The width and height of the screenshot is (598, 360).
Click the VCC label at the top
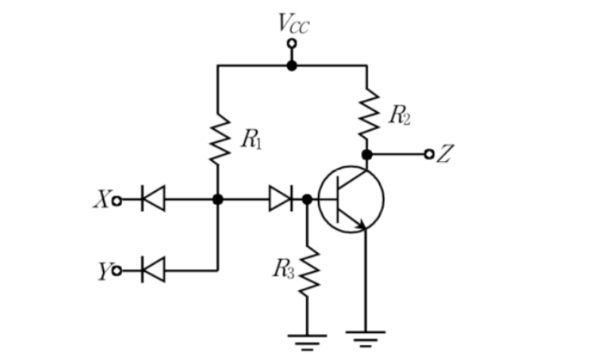pyautogui.click(x=293, y=24)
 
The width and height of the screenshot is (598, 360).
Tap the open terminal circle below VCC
pyautogui.click(x=292, y=44)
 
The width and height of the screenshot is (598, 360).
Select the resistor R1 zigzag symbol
pyautogui.click(x=219, y=140)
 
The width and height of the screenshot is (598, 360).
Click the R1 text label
pyautogui.click(x=251, y=140)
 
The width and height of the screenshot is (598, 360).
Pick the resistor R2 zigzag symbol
pyautogui.click(x=368, y=113)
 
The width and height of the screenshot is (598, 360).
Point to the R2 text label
pyautogui.click(x=399, y=115)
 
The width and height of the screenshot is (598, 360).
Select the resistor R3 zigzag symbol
pyautogui.click(x=309, y=271)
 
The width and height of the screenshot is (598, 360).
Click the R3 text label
pyautogui.click(x=283, y=270)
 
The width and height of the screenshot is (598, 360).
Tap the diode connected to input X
pyautogui.click(x=153, y=198)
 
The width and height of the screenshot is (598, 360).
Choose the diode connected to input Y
pyautogui.click(x=153, y=270)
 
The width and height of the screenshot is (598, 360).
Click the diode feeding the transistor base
pyautogui.click(x=281, y=198)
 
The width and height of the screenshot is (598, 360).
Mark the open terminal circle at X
pyautogui.click(x=117, y=201)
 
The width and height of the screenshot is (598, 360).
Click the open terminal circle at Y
pyautogui.click(x=117, y=270)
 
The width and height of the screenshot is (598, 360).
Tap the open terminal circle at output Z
pyautogui.click(x=429, y=154)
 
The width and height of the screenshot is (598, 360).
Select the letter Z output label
pyautogui.click(x=444, y=154)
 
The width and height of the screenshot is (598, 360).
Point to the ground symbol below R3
pyautogui.click(x=308, y=342)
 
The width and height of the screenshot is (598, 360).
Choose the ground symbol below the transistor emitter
pyautogui.click(x=366, y=339)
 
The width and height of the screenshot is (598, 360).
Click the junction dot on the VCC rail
pyautogui.click(x=292, y=66)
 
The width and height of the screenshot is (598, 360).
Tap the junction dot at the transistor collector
pyautogui.click(x=367, y=155)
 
